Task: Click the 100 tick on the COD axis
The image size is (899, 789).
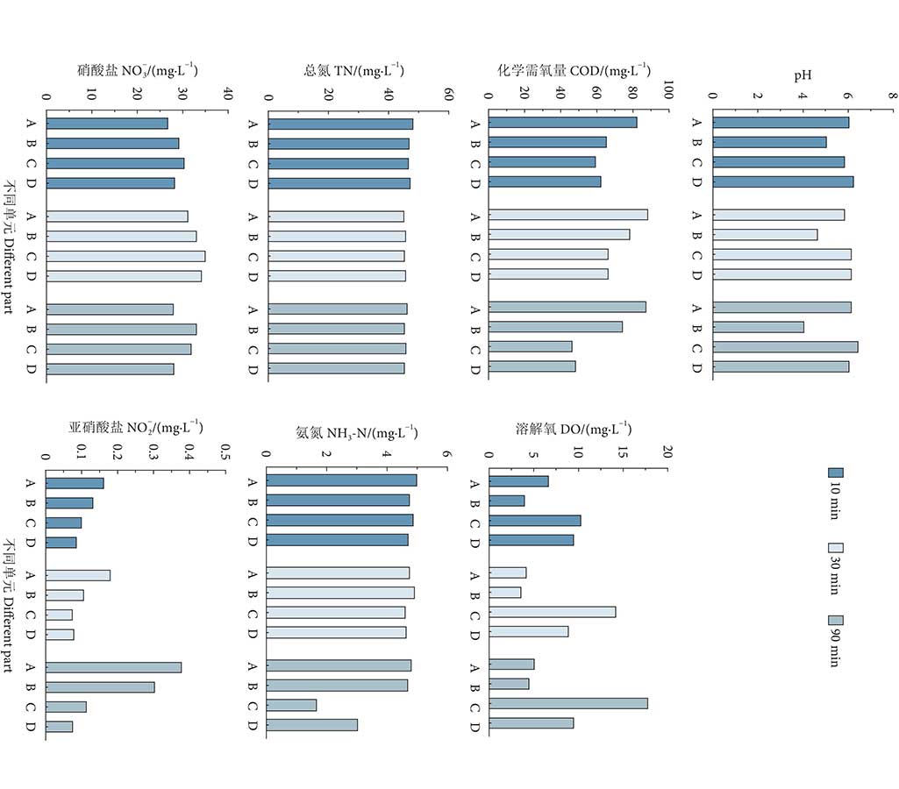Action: [x=667, y=92]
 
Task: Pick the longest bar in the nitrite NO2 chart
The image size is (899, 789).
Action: [x=114, y=667]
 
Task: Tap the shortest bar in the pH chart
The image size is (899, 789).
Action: [x=759, y=327]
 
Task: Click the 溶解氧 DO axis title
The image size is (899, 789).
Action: [x=574, y=429]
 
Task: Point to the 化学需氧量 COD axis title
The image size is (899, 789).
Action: [x=574, y=70]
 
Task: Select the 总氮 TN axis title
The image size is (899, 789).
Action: [x=354, y=70]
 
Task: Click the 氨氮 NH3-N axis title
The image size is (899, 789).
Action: [x=355, y=432]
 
